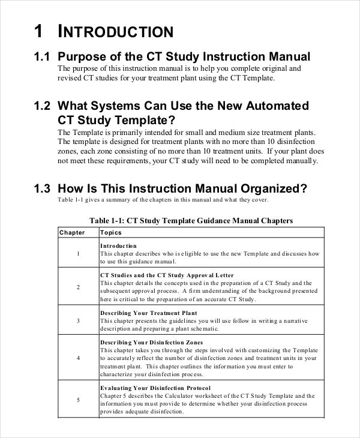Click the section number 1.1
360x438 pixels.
tap(41, 57)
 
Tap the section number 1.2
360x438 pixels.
tap(41, 106)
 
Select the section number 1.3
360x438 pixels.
tap(41, 188)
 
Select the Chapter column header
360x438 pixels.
tap(71, 232)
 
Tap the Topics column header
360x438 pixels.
tap(110, 232)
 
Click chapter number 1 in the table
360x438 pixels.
tap(78, 254)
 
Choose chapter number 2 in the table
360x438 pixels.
tap(78, 287)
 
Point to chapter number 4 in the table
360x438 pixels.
tap(78, 358)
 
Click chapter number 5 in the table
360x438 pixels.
tap(78, 400)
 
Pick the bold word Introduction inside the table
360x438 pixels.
tap(118, 246)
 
